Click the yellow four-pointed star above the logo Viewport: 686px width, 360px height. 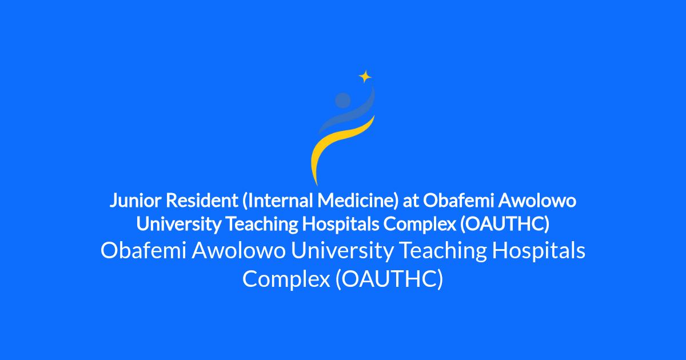click(365, 77)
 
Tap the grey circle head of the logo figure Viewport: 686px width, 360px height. click(342, 101)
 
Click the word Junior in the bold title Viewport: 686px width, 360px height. click(135, 201)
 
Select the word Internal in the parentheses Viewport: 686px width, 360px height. click(277, 201)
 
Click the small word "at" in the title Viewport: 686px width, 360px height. click(410, 201)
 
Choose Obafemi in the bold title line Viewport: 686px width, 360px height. click(458, 201)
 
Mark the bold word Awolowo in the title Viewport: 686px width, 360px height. click(537, 201)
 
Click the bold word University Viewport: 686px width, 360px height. click(178, 224)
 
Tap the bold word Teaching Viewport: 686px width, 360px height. click(262, 224)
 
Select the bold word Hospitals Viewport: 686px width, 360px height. click(341, 224)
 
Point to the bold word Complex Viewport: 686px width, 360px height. click(420, 225)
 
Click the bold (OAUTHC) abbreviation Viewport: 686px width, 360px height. click(505, 225)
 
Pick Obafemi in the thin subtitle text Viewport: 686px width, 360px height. click(143, 250)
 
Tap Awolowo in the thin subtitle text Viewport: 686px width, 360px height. click(239, 251)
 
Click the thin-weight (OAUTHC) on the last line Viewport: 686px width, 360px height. click(389, 279)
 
